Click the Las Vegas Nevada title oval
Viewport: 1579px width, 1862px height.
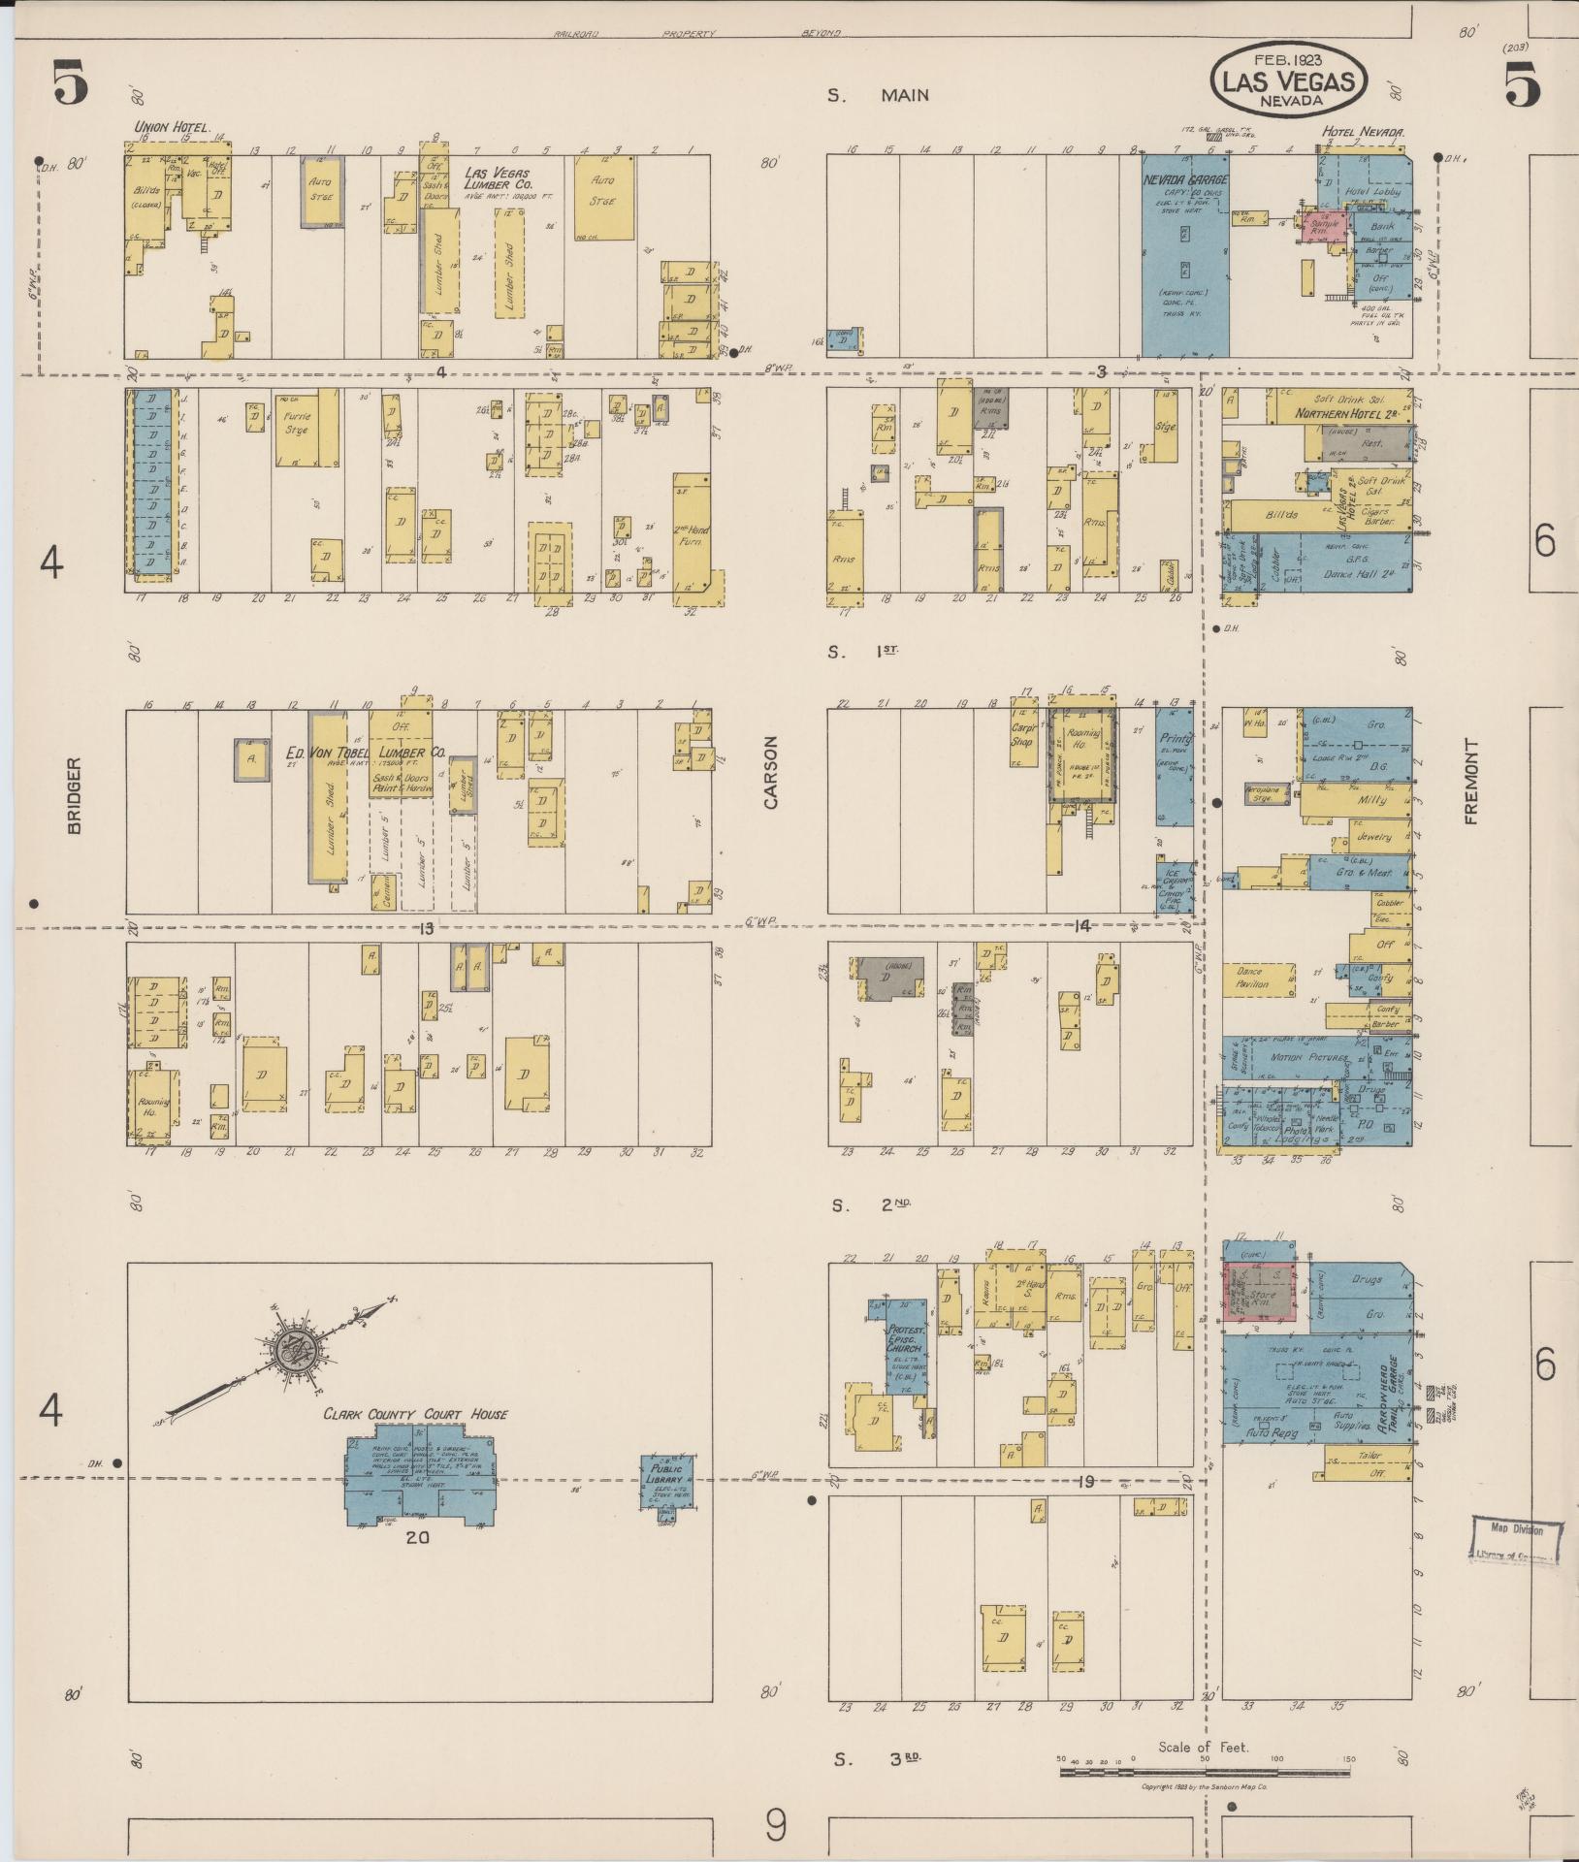pos(1288,77)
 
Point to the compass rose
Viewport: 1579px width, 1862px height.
pos(288,1351)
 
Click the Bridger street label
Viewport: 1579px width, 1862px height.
pos(76,794)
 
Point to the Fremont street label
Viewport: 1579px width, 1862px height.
pos(1471,782)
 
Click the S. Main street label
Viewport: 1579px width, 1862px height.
pos(878,95)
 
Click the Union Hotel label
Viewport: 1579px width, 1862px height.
pos(172,127)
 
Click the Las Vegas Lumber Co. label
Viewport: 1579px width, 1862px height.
pos(497,178)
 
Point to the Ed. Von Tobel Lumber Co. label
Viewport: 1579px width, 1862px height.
pos(366,752)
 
